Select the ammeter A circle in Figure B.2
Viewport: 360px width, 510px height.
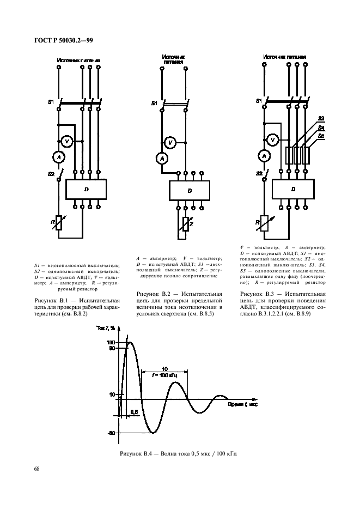click(x=161, y=159)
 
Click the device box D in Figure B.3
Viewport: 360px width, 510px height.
click(x=293, y=189)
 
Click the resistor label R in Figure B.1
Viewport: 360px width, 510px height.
click(x=52, y=222)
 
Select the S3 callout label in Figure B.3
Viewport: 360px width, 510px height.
click(x=321, y=118)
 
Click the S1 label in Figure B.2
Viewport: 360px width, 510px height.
click(x=154, y=102)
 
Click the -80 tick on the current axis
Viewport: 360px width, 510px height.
click(x=111, y=433)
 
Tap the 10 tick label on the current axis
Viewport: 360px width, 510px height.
click(x=112, y=393)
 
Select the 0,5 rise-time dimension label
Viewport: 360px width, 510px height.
click(x=133, y=412)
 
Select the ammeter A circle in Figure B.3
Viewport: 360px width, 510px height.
click(x=265, y=156)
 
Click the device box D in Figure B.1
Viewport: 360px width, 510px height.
click(x=86, y=189)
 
